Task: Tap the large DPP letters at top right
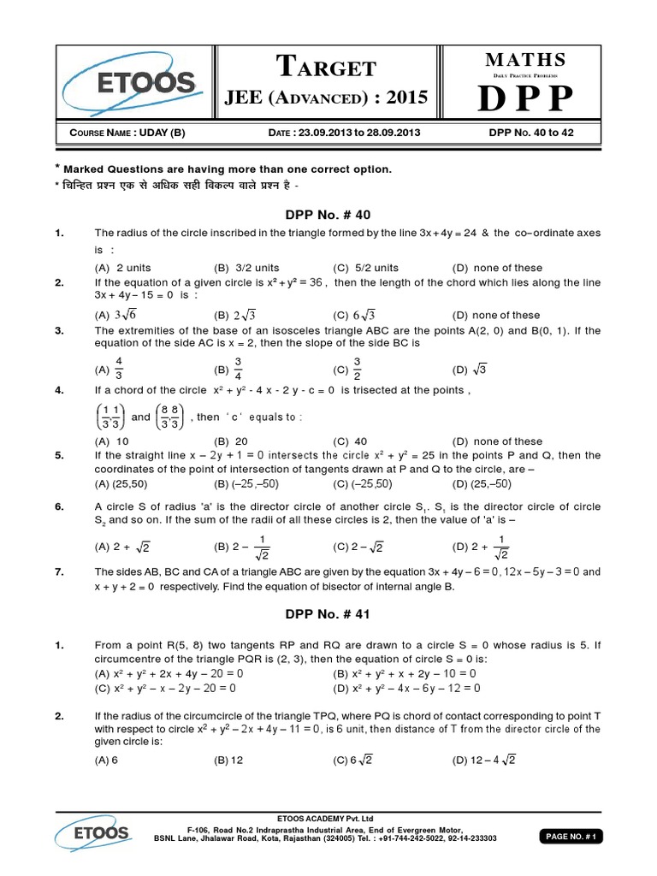point(525,98)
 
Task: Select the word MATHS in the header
point(526,59)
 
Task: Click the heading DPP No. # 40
point(328,214)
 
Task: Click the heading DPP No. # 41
point(328,613)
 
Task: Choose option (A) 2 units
point(122,268)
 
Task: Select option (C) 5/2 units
point(366,268)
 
